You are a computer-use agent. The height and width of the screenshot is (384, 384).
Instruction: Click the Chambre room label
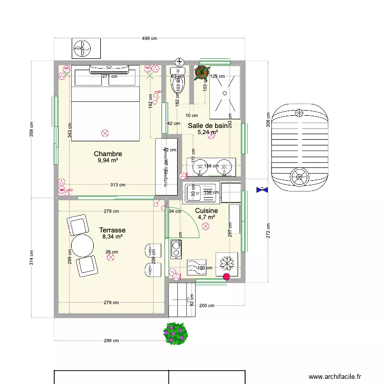tap(108, 154)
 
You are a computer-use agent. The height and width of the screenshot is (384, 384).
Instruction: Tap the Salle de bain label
tap(207, 125)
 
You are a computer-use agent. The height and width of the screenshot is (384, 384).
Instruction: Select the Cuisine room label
tap(206, 210)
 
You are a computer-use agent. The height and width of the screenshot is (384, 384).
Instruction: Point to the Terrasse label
tap(113, 230)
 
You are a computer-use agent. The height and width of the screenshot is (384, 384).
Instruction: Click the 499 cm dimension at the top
tap(150, 38)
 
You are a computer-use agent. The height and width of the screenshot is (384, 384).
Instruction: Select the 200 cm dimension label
tap(206, 306)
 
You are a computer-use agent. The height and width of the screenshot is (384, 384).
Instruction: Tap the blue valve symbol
tap(262, 190)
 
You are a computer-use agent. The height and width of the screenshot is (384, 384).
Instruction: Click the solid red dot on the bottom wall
tap(226, 277)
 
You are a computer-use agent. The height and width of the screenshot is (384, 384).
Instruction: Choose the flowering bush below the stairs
tap(176, 333)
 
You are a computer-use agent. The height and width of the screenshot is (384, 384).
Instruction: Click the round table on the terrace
tap(82, 246)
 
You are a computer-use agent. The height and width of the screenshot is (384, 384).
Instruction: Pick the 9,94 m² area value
tap(108, 160)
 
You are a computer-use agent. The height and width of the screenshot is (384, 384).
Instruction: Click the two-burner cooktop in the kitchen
tap(177, 248)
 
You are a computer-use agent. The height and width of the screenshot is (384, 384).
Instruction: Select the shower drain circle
tap(225, 93)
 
